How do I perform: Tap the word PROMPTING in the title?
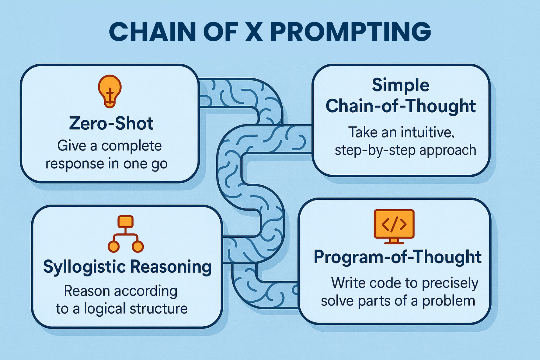tap(351, 32)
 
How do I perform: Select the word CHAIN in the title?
tap(152, 32)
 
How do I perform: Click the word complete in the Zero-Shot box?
tap(132, 146)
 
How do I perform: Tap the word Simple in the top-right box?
tap(400, 85)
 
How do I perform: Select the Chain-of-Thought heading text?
tap(400, 106)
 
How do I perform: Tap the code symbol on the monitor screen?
tap(394, 224)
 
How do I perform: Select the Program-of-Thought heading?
tap(397, 257)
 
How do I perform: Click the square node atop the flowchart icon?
tap(125, 222)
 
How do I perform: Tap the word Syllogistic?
tap(84, 267)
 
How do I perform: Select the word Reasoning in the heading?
tap(171, 267)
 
